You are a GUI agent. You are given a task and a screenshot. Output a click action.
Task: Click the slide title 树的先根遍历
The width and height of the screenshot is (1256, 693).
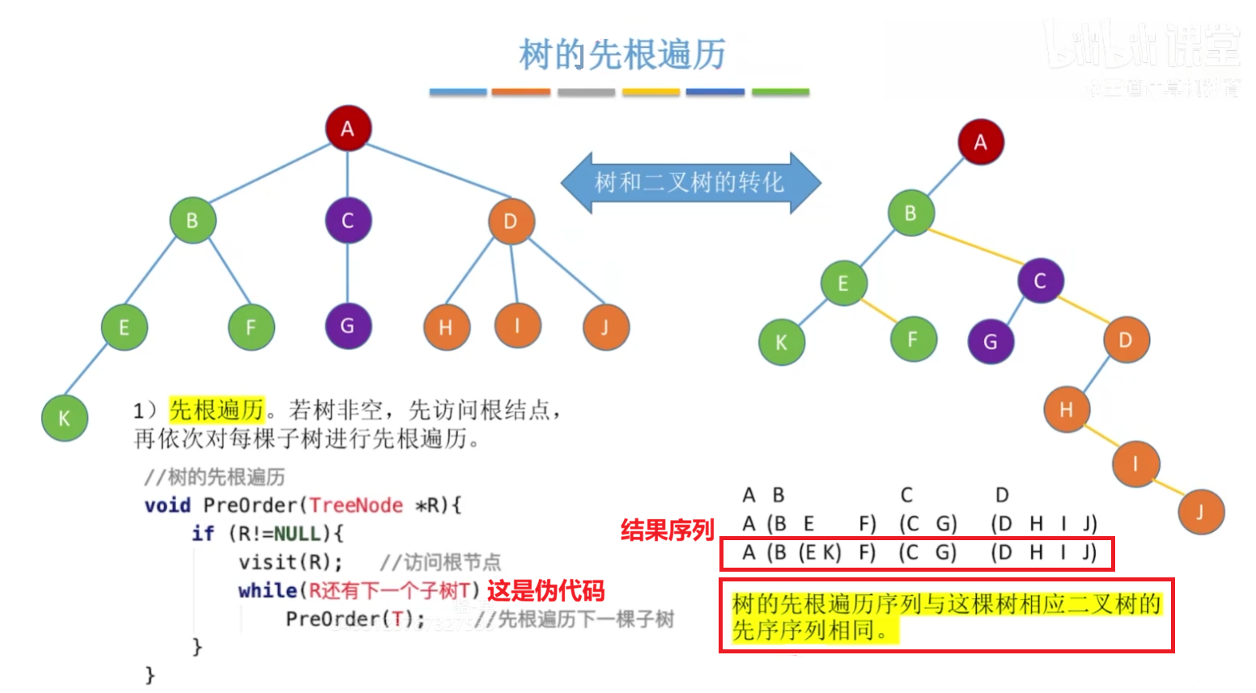coord(622,55)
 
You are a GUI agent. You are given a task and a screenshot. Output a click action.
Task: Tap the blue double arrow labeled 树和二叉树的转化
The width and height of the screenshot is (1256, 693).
coord(690,183)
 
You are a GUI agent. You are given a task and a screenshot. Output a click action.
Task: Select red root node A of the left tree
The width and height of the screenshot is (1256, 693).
coord(348,128)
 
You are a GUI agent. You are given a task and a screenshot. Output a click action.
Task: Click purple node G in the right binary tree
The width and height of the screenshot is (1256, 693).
coord(991,341)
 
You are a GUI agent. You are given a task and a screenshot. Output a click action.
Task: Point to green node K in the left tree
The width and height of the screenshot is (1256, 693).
coord(64,418)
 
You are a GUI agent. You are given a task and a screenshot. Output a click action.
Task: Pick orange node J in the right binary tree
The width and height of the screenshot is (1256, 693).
coord(1200,511)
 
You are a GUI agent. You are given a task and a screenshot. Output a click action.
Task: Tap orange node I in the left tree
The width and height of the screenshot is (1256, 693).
coord(517,325)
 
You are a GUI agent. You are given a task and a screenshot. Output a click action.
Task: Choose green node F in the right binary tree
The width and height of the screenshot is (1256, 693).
coord(913,339)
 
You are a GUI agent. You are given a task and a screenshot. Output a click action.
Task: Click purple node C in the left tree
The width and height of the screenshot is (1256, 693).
coord(348,220)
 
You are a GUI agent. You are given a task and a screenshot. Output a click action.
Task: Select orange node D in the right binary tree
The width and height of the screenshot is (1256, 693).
coord(1126,340)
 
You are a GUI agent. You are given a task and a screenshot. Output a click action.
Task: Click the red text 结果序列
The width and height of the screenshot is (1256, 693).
coord(667,530)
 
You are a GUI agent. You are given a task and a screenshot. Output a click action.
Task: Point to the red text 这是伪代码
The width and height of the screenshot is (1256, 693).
coord(545,590)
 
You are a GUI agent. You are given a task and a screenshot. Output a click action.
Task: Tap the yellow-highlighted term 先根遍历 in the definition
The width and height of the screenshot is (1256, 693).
coord(217,410)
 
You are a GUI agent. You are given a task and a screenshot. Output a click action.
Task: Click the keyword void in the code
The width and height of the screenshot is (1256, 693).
coord(168,505)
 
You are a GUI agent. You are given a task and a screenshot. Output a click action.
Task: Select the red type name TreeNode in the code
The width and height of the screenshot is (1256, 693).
coord(356,505)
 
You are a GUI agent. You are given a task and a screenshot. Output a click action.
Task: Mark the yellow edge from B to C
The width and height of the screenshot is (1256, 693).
coord(974,246)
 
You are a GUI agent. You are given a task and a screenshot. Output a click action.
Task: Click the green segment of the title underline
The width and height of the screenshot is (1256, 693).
coord(780,92)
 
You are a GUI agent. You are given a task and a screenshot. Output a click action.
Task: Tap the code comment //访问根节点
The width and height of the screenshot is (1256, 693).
coord(440,562)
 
